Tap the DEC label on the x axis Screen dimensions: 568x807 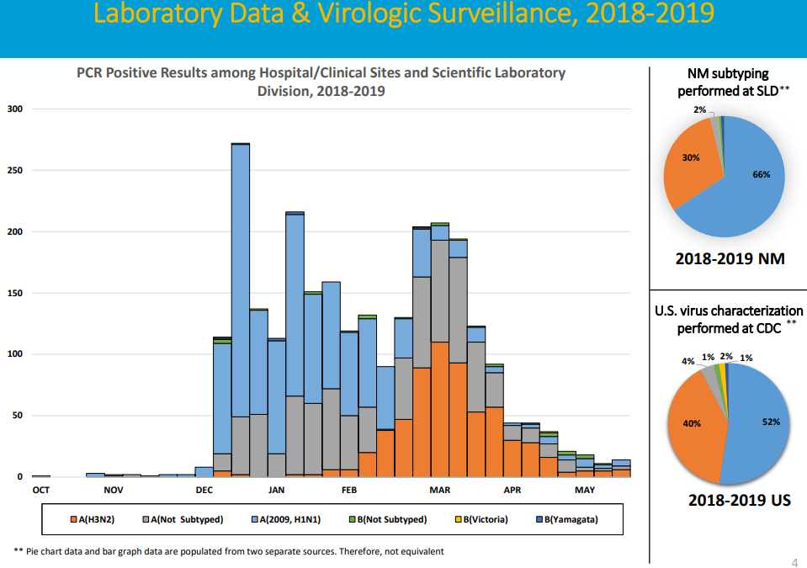(x=204, y=489)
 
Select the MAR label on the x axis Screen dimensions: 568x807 (x=439, y=489)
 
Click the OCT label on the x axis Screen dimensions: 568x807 (x=40, y=489)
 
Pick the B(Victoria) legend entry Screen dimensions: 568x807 (x=483, y=519)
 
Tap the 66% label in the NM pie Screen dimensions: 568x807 (x=761, y=174)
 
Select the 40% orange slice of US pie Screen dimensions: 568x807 (x=692, y=423)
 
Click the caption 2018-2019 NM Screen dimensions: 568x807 (x=730, y=258)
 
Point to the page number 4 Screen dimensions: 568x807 (x=795, y=562)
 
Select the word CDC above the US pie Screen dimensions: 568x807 (x=764, y=328)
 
